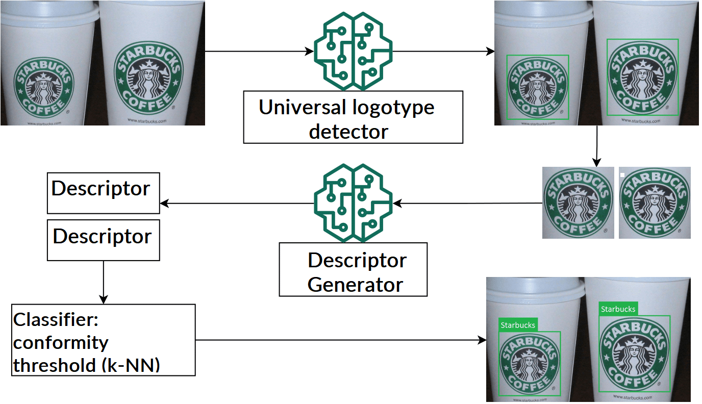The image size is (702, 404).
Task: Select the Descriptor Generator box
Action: [353, 269]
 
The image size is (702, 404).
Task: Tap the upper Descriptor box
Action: [103, 193]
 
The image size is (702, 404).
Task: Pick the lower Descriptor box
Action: [103, 240]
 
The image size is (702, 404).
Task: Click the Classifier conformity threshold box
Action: [103, 340]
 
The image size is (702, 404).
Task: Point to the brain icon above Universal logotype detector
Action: [353, 51]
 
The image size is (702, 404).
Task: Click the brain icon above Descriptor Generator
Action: [353, 203]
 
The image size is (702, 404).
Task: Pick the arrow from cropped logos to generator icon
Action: [467, 204]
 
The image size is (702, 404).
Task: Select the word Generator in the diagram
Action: [355, 284]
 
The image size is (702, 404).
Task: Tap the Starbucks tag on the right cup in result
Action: [618, 309]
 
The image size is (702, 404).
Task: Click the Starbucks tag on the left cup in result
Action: [517, 325]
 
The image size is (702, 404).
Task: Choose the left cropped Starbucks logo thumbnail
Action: [578, 203]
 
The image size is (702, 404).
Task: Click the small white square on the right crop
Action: [622, 174]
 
